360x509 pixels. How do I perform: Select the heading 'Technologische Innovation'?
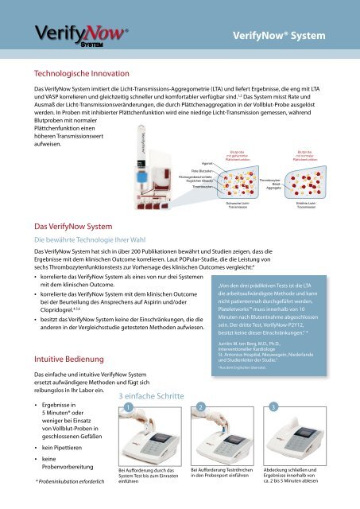pos(76,71)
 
